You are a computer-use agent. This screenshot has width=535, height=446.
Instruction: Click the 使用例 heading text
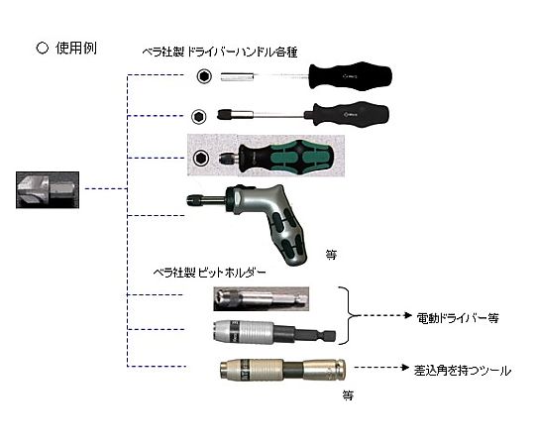tap(76, 49)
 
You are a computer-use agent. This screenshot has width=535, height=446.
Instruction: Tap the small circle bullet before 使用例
tap(43, 49)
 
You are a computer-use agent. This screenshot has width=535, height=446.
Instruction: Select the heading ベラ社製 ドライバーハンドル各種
tap(220, 52)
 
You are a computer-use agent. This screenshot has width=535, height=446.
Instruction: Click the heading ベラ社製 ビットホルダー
tap(209, 273)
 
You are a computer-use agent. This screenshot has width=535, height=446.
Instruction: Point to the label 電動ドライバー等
tap(458, 318)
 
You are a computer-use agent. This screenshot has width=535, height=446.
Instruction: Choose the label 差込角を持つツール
tap(463, 371)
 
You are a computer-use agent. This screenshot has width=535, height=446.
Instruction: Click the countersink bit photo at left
tap(48, 189)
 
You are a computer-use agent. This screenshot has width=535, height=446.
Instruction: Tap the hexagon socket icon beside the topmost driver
tap(204, 76)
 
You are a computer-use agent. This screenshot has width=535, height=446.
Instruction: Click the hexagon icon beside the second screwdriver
tap(199, 117)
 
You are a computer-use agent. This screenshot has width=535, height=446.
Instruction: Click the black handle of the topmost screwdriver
tap(351, 75)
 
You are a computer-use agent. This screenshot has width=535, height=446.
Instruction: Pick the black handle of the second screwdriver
tap(347, 114)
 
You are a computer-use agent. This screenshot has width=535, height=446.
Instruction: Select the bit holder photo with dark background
tap(262, 299)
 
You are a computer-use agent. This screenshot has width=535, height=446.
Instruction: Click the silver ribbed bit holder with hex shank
tap(274, 331)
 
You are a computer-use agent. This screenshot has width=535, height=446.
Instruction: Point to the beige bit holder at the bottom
tap(282, 370)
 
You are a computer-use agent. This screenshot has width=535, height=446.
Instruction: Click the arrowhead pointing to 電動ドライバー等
tap(408, 315)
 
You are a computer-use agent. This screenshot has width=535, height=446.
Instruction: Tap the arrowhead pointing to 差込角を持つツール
tap(405, 367)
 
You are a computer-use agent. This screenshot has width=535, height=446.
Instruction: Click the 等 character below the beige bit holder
tap(348, 395)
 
